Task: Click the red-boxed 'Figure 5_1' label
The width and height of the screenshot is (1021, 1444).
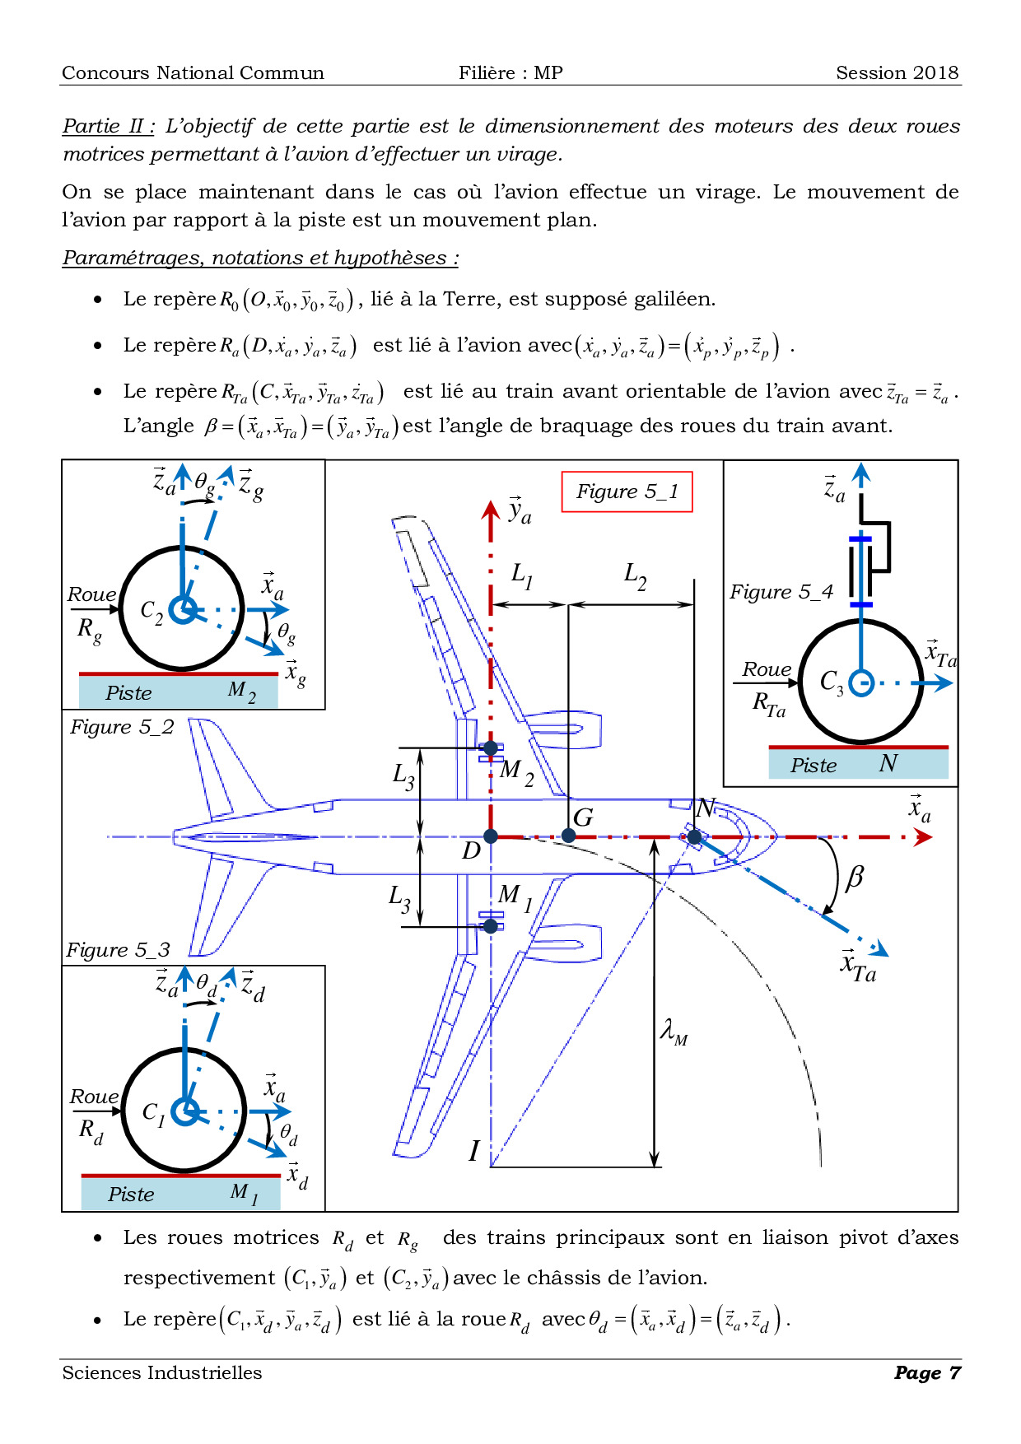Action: coord(627,491)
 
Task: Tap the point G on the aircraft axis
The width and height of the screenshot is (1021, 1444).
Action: coord(568,836)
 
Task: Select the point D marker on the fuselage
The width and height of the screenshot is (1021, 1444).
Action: coord(491,836)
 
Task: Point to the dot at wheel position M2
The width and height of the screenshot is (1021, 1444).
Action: coord(491,748)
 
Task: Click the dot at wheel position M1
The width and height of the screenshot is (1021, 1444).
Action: coord(491,926)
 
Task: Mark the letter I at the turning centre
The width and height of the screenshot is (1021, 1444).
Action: coord(473,1150)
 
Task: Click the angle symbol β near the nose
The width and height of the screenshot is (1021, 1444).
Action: coord(855,877)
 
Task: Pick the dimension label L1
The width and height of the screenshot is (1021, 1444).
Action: coord(522,574)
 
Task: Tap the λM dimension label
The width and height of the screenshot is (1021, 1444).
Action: coord(674,1032)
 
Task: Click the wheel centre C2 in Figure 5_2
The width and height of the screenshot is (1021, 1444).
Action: coord(182,610)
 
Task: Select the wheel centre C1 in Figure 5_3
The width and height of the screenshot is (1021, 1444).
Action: coord(185,1111)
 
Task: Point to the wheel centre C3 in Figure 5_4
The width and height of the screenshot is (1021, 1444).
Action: coord(860,682)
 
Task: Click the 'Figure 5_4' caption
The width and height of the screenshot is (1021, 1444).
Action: coord(781,592)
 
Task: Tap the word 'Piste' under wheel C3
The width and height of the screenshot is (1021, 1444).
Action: coord(814,766)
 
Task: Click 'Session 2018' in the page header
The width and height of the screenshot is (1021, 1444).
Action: coord(897,72)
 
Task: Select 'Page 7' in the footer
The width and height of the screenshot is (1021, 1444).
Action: coord(927,1372)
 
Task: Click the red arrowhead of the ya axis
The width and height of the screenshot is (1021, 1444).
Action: coord(491,510)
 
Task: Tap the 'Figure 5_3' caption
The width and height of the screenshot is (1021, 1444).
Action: coord(118,950)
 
